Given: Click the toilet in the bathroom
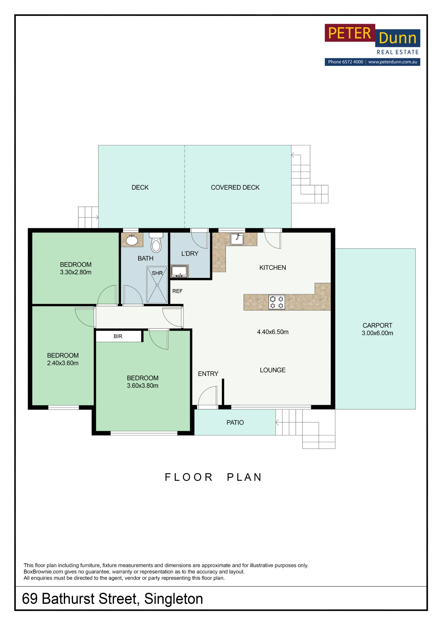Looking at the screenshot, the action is click(x=156, y=242).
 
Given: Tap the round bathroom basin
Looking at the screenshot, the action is click(x=132, y=240).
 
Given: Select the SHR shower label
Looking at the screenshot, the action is click(x=157, y=273).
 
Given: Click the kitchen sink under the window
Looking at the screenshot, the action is click(x=237, y=239).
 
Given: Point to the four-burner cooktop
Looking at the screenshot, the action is click(x=277, y=302).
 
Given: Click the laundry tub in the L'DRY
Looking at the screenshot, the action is click(x=179, y=272).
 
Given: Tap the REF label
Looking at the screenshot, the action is click(x=177, y=291).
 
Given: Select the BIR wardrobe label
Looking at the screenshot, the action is click(x=118, y=336).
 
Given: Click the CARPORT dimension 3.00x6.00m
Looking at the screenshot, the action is click(x=377, y=333).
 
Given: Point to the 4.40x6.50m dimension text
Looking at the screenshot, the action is click(x=273, y=332).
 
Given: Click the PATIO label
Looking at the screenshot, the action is click(x=235, y=422).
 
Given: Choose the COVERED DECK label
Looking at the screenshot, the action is click(x=235, y=187).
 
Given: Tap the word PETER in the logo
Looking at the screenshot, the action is click(x=349, y=33).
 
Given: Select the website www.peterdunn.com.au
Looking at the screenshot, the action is click(x=393, y=62).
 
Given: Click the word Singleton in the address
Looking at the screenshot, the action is click(x=173, y=599).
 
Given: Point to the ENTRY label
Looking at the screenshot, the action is click(x=208, y=374).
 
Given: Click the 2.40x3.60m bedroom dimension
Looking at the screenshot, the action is click(x=63, y=363).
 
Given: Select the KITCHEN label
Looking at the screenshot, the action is click(x=273, y=267).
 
